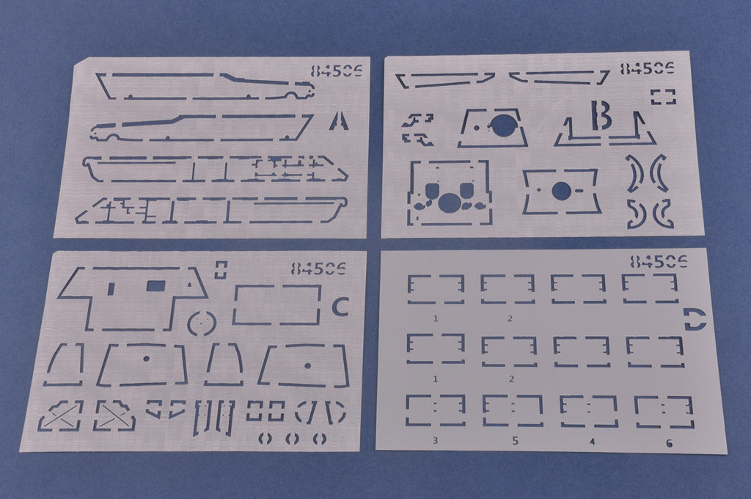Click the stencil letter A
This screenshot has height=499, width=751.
point(339,121)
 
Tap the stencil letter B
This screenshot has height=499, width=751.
point(601,115)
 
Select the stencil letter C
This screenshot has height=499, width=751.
point(340,306)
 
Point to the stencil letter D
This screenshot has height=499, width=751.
point(695,320)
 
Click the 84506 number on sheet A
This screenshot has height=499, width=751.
point(337,70)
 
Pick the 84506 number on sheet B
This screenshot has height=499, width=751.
point(647,68)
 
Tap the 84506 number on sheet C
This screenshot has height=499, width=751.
point(318,268)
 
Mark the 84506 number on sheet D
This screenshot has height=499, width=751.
point(659,262)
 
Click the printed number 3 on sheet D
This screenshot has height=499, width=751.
point(435,440)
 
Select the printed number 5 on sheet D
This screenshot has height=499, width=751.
point(516,440)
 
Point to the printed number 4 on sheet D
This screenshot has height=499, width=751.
point(593,442)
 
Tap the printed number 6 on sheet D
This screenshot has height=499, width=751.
point(669,443)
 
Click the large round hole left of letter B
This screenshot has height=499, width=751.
point(501,126)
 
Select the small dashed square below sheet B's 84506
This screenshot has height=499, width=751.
point(663,97)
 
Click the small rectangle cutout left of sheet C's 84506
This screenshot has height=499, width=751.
point(220,269)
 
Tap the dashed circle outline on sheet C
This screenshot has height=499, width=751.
point(202,324)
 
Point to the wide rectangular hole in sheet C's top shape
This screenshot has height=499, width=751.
point(155,287)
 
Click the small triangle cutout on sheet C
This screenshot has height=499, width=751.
point(190,284)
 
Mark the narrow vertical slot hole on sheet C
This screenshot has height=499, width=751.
point(111,288)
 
